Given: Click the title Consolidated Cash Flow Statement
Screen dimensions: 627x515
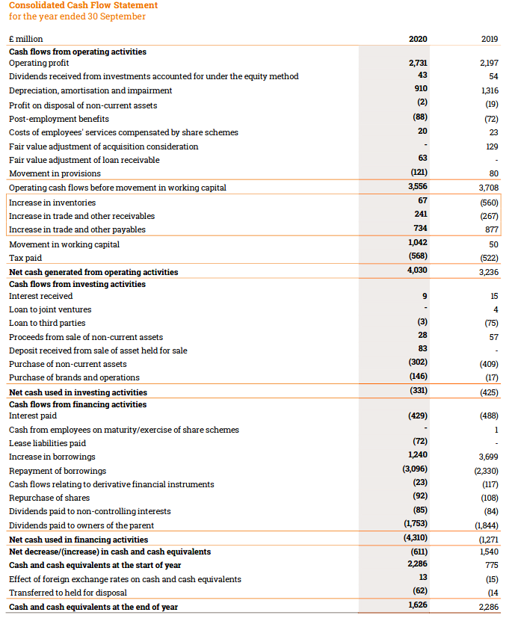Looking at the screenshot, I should [83, 5].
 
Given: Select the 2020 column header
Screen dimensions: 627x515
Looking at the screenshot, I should [418, 38].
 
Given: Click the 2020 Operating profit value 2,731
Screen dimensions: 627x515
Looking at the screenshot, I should [418, 64].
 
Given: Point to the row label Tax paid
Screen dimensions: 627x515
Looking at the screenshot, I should [24, 258].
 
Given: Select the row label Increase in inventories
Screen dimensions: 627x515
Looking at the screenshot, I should [52, 203].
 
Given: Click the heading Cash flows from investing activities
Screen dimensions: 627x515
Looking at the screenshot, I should [77, 284].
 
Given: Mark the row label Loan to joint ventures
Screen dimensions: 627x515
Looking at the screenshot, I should [50, 309].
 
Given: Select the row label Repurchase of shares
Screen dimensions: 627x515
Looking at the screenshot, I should [49, 498].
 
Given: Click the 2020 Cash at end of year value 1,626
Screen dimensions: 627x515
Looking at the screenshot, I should [418, 606].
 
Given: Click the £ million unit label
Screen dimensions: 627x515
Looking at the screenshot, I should [26, 39].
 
